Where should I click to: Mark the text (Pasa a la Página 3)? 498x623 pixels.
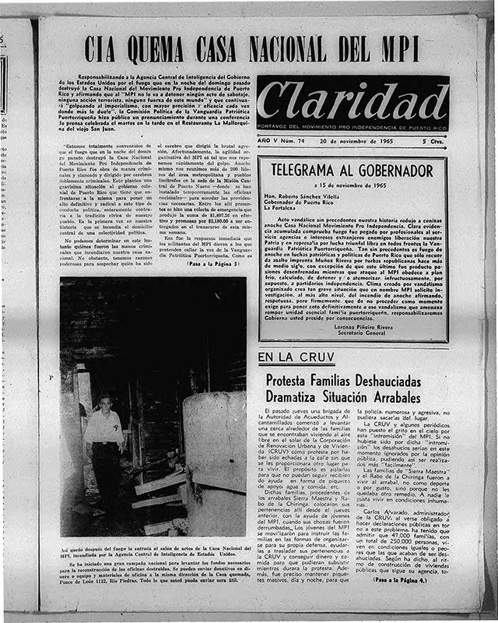click(x=202, y=264)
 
